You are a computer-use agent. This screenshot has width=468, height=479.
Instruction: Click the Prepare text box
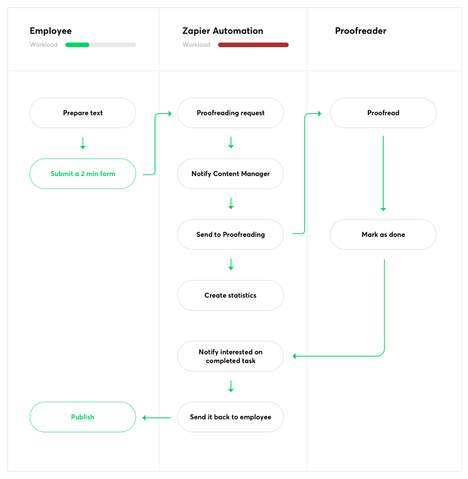pyautogui.click(x=83, y=113)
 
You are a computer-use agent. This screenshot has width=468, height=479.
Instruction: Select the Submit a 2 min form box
pyautogui.click(x=83, y=174)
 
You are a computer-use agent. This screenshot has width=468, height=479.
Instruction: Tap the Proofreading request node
pyautogui.click(x=230, y=113)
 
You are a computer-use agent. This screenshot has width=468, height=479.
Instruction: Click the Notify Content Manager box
pyautogui.click(x=230, y=174)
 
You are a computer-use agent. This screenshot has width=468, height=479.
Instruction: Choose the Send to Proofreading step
pyautogui.click(x=230, y=234)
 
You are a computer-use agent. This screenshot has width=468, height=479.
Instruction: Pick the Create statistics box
pyautogui.click(x=230, y=295)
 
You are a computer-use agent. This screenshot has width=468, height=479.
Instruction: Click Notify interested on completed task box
pyautogui.click(x=230, y=356)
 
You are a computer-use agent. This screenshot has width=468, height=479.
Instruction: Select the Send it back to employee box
pyautogui.click(x=230, y=417)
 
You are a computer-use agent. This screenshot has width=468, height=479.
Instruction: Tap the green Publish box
pyautogui.click(x=83, y=417)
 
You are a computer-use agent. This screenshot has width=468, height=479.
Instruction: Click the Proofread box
pyautogui.click(x=383, y=113)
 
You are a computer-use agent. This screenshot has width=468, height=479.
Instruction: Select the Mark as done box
pyautogui.click(x=383, y=234)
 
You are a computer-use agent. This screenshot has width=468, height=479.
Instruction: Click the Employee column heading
pyautogui.click(x=51, y=31)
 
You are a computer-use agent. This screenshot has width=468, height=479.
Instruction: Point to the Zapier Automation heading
pyautogui.click(x=223, y=31)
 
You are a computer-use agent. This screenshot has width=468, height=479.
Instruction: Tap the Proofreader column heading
pyautogui.click(x=361, y=31)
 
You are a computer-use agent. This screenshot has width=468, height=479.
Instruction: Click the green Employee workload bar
pyautogui.click(x=77, y=45)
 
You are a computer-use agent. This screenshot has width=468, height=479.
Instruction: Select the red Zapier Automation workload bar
pyautogui.click(x=253, y=45)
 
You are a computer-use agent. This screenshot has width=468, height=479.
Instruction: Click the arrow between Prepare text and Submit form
pyautogui.click(x=83, y=143)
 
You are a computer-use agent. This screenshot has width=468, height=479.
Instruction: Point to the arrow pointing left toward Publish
pyautogui.click(x=156, y=418)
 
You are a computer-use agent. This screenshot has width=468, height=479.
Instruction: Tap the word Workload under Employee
pyautogui.click(x=44, y=45)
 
